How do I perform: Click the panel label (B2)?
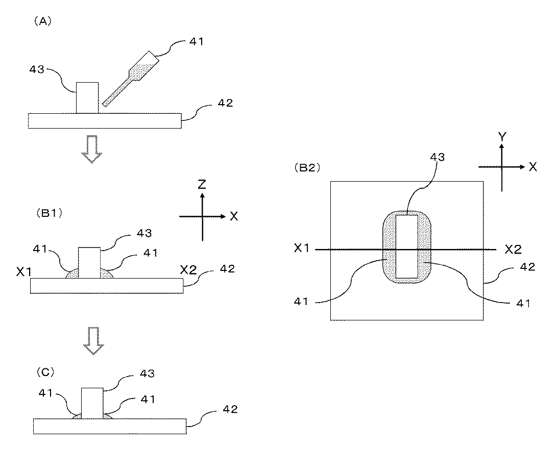pos(306,167)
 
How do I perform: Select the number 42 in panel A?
pos(225,103)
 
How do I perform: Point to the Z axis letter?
pos(202,184)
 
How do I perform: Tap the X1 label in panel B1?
pos(25,271)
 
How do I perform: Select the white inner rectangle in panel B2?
pos(407,246)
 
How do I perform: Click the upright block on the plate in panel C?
pos(92,403)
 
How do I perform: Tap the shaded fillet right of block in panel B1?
pos(106,274)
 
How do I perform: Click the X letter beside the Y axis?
pos(533,167)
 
